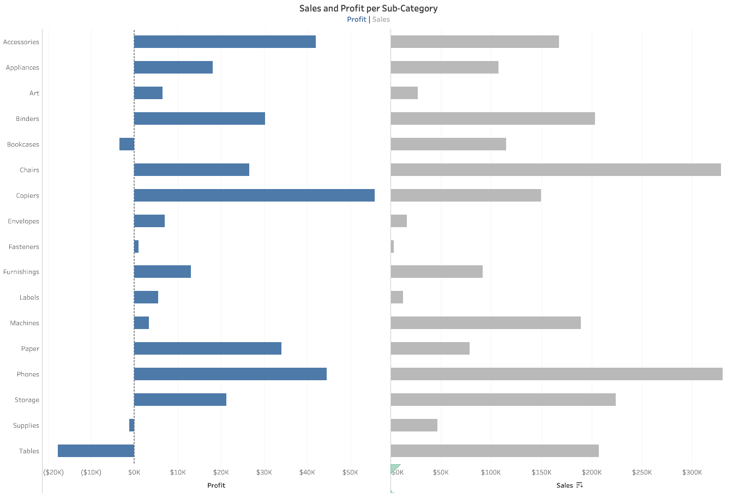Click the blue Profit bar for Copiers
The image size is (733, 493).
click(254, 195)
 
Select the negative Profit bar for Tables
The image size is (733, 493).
click(96, 451)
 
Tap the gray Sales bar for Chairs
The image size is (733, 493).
click(556, 169)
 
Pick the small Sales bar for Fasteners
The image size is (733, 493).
click(392, 246)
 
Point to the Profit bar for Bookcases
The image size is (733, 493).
click(127, 144)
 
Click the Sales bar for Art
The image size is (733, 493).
click(404, 93)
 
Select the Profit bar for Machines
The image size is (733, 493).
click(141, 322)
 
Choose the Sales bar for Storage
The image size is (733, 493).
click(503, 399)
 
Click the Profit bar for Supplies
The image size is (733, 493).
click(132, 425)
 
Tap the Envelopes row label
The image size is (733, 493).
click(23, 221)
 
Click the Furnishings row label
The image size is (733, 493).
click(21, 272)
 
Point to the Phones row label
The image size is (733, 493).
click(28, 374)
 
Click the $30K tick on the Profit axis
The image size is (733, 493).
click(264, 472)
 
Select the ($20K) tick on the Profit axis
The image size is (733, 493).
click(53, 472)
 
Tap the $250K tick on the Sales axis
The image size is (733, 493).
click(642, 472)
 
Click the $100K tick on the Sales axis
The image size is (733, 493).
click(491, 472)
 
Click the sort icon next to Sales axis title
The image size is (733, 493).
click(579, 485)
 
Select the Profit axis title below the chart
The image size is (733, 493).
click(216, 485)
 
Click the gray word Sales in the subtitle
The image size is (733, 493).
click(381, 20)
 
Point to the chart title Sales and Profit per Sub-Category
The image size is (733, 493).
click(368, 8)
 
